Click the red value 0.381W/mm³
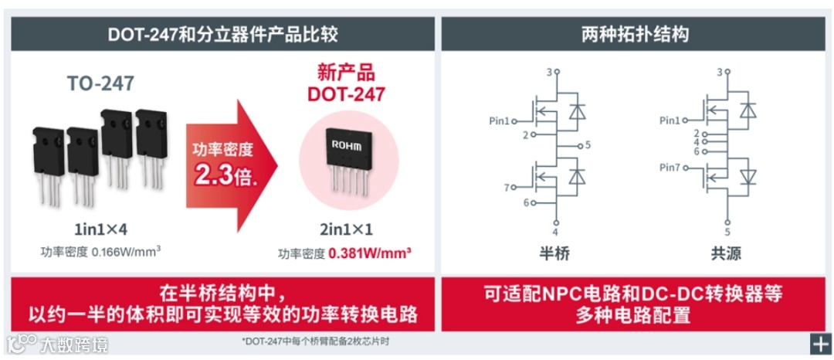click(x=368, y=253)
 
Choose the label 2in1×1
click(x=346, y=229)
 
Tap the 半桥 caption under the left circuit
click(x=554, y=253)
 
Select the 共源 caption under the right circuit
click(x=726, y=253)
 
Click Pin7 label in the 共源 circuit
click(x=671, y=168)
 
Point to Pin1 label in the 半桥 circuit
click(x=500, y=121)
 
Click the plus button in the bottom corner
click(x=819, y=343)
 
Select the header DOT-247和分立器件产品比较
click(x=222, y=35)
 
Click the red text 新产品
click(x=346, y=73)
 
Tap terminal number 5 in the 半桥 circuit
click(x=588, y=144)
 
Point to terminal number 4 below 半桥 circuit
click(x=555, y=233)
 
